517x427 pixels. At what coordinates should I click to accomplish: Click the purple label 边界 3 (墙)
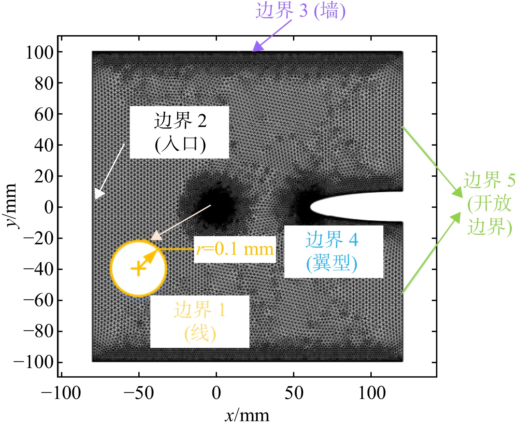(301, 11)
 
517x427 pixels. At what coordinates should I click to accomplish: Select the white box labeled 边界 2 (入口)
(179, 132)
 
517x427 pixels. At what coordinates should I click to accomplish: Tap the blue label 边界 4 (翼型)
(332, 251)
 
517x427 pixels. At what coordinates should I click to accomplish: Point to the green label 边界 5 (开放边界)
(489, 203)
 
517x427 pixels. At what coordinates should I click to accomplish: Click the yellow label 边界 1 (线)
(200, 321)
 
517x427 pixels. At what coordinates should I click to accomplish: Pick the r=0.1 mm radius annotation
(235, 250)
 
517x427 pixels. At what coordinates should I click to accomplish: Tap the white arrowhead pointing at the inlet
(99, 194)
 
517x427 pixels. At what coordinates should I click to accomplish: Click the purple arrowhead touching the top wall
(257, 47)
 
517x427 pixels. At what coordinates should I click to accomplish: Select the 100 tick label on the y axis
(40, 53)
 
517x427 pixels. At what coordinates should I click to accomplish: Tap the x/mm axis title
(247, 416)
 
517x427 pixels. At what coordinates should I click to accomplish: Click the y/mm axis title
(10, 206)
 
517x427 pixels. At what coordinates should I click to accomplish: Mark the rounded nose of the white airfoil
(311, 207)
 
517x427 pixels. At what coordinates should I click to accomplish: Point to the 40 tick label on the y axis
(44, 145)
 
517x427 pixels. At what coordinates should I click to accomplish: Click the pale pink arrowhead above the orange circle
(156, 235)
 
